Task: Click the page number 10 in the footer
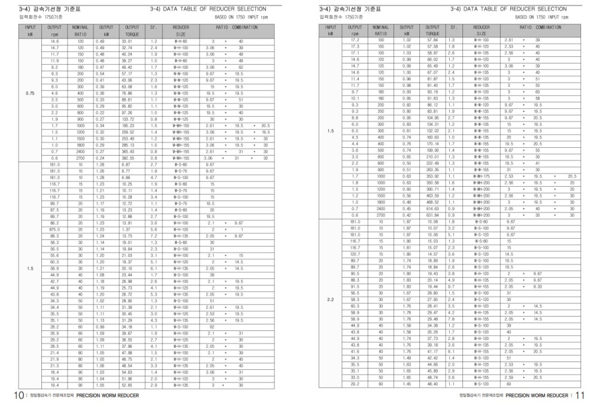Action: click(x=19, y=396)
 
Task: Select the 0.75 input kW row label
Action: click(x=30, y=93)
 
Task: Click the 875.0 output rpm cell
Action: click(x=55, y=229)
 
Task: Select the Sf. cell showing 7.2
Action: click(x=154, y=236)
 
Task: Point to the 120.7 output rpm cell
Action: click(x=355, y=254)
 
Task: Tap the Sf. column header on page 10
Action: click(x=154, y=28)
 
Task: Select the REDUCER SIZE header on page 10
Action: click(x=181, y=31)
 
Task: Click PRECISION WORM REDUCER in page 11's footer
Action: click(x=536, y=396)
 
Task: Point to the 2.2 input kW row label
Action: click(x=331, y=299)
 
